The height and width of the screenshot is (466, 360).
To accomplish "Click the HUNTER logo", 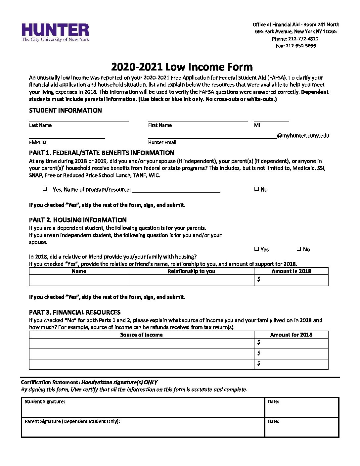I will [55, 32].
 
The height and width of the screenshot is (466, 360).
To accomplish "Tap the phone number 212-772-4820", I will [303, 39].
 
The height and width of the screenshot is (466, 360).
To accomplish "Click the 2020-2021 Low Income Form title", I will [182, 67].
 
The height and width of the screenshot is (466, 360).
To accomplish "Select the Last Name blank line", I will [78, 118].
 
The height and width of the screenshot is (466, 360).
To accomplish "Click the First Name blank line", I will [198, 118].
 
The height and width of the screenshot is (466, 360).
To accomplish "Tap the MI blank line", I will [271, 118].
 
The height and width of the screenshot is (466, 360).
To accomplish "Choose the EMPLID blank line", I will [67, 135].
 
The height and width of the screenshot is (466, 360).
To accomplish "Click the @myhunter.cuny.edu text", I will [303, 135].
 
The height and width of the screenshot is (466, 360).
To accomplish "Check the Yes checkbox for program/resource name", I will [45, 189].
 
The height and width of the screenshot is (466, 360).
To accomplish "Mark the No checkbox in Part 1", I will [256, 189].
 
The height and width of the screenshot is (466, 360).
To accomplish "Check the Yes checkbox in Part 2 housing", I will [256, 249].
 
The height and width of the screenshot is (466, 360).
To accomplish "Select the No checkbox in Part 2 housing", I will [299, 249].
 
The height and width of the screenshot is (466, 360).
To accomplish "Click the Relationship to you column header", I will [191, 271].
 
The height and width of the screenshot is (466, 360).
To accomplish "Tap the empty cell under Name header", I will [79, 280].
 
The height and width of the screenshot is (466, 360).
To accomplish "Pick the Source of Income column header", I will [141, 335].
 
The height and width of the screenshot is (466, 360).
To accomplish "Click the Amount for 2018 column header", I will [291, 335].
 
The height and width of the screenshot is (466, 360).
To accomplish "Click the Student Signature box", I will [143, 408].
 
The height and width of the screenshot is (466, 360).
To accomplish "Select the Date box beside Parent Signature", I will [301, 428].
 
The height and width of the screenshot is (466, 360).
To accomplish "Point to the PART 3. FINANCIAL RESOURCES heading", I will [75, 312].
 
